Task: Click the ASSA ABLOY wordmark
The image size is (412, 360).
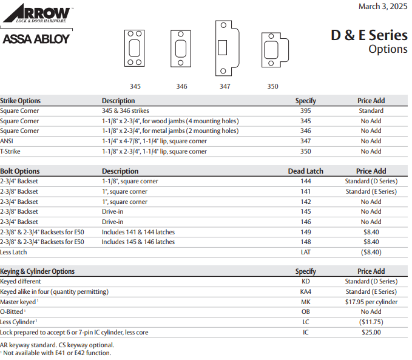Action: coord(36,39)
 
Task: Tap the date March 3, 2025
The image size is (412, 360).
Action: coord(383,7)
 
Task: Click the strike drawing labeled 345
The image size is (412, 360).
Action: coord(135,49)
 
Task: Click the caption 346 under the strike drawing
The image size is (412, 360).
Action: coord(181,86)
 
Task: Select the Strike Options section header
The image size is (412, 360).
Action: coord(21,101)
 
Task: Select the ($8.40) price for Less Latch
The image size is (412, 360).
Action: coord(371,252)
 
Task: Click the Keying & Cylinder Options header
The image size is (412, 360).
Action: coord(37,271)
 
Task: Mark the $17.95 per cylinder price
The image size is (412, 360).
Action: coord(371,302)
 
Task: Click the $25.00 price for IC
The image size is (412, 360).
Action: coord(371,332)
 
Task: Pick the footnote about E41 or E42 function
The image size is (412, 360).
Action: coord(56,353)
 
